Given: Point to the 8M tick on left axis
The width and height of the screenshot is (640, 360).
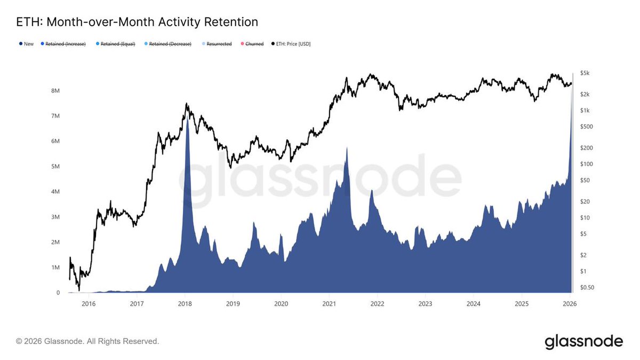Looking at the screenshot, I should pos(55,91).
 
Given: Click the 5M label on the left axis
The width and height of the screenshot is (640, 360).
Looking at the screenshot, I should pos(55,166).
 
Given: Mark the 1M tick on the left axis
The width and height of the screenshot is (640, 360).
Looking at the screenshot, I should pos(55,267).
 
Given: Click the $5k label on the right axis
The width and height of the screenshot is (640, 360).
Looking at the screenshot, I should pos(585,73).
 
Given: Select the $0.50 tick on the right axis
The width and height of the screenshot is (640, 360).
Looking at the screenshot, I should pos(587,287).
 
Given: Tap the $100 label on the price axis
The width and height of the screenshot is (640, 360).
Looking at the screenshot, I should pos(586,164).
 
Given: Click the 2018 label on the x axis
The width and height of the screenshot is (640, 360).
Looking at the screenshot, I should pos(185,304).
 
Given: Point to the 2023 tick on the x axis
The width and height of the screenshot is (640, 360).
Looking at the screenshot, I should pos(426,304).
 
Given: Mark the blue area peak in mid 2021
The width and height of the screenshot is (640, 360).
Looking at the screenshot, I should pos(347,148).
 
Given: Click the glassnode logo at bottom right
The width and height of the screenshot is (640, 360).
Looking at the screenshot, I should pos(583,341).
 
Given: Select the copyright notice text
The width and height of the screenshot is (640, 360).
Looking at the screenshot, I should pos(87,341).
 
